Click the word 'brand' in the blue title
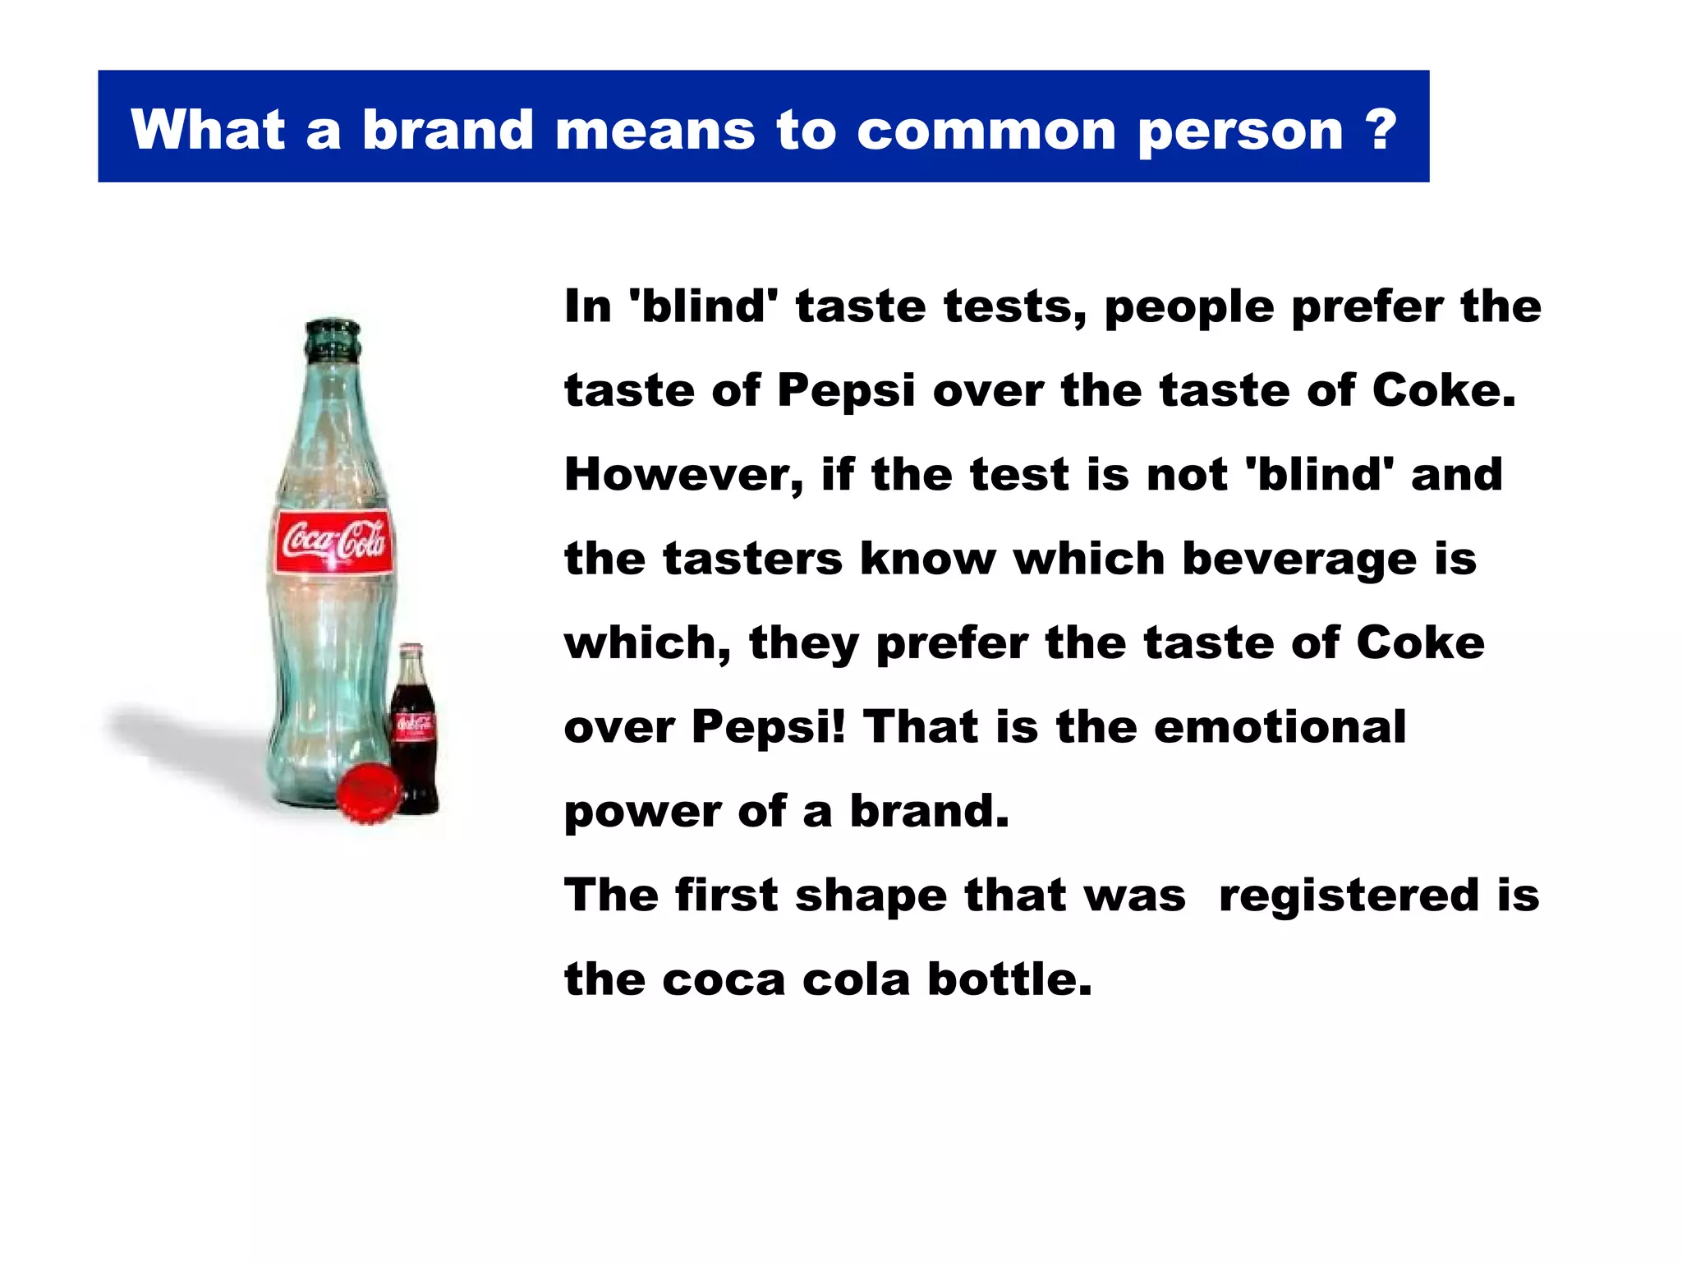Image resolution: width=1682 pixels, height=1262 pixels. [x=448, y=130]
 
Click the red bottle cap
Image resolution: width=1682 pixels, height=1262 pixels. [x=369, y=791]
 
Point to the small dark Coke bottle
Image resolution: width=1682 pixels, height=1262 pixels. [x=414, y=731]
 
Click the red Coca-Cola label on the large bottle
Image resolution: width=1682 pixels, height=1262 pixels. [x=333, y=541]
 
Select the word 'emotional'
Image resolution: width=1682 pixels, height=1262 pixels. [x=1280, y=727]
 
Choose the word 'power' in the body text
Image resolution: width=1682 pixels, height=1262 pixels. [x=641, y=813]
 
